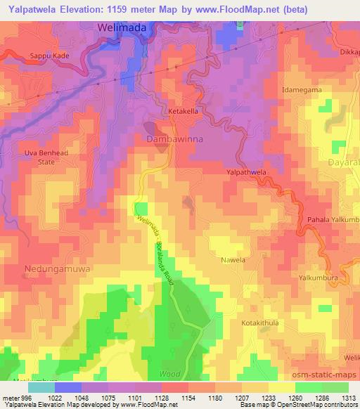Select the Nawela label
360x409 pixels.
tap(233, 260)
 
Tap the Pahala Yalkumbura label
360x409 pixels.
tap(333, 220)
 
